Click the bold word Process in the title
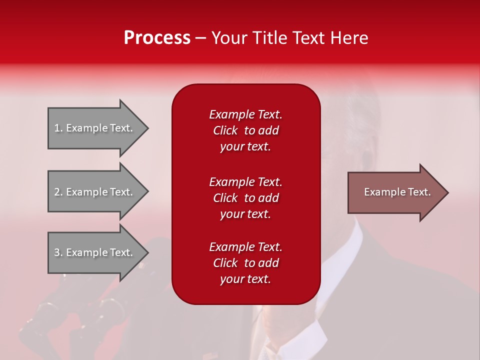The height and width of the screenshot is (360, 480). (x=157, y=38)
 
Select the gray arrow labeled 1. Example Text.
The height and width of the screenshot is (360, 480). (x=95, y=128)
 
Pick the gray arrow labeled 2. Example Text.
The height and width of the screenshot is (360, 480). (x=95, y=192)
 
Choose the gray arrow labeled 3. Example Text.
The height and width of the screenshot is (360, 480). (x=95, y=252)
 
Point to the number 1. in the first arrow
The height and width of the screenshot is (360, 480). (x=58, y=128)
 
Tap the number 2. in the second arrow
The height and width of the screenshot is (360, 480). (x=58, y=192)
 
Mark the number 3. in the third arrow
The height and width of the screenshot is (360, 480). (x=58, y=252)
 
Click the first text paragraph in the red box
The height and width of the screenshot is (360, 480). (x=245, y=130)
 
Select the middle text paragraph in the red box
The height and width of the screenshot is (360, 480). (x=245, y=198)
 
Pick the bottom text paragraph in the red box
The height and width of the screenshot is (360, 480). (x=245, y=263)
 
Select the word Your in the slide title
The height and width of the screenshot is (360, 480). (x=228, y=38)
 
